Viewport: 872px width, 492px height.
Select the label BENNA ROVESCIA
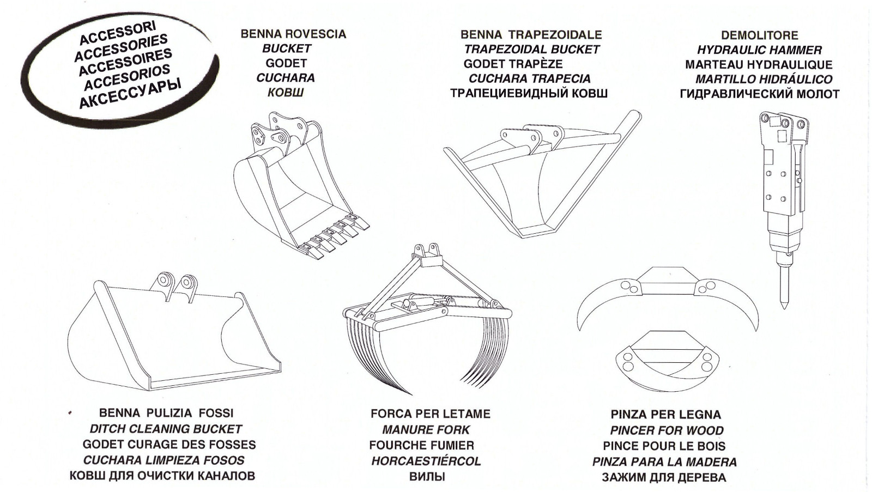293,34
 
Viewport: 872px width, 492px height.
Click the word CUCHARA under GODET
286,78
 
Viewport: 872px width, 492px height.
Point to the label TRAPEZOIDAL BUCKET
531,49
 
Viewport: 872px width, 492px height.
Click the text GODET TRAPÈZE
513,64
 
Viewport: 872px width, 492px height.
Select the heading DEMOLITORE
759,35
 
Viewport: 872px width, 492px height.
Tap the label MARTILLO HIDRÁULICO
764,80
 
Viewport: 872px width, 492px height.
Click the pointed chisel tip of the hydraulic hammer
784,302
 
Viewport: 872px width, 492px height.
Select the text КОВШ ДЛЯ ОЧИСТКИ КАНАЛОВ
162,476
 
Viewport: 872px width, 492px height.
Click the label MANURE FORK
426,430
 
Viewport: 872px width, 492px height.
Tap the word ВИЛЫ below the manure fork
427,477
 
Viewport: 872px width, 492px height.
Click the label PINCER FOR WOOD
667,430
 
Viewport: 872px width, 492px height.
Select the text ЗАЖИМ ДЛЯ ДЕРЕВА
664,478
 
